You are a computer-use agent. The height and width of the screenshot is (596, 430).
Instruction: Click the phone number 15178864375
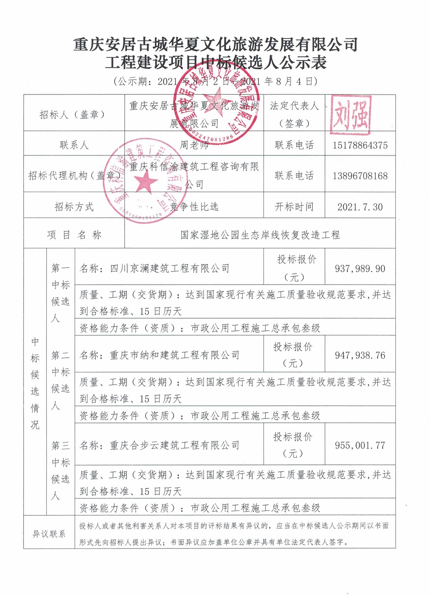(360, 145)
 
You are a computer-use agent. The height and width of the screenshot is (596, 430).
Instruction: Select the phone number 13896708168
(360, 176)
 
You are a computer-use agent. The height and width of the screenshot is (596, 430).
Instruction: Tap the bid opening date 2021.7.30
(360, 207)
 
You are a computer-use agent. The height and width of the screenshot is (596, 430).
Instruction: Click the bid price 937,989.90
(360, 269)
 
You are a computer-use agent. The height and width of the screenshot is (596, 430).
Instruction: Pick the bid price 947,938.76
(360, 356)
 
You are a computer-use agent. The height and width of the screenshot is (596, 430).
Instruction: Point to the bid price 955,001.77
(360, 446)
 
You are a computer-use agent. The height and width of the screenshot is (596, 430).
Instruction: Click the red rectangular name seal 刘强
(351, 114)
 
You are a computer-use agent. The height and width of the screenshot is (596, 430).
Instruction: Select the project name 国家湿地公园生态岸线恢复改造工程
(260, 235)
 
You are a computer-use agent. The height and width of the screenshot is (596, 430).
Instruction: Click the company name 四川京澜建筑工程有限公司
(170, 268)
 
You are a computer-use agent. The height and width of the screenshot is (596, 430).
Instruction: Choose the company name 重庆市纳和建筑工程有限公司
(174, 356)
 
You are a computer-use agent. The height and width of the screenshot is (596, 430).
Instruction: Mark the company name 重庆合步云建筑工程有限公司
(174, 446)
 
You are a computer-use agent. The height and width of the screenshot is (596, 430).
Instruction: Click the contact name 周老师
(194, 145)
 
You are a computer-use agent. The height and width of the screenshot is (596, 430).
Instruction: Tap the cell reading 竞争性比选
(194, 207)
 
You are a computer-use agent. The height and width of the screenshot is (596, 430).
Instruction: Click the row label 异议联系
(49, 534)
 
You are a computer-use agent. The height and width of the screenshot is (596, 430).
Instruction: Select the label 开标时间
(294, 207)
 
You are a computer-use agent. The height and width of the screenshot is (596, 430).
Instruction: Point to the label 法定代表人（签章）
(294, 114)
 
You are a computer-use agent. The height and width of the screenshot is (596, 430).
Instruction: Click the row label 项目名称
(74, 235)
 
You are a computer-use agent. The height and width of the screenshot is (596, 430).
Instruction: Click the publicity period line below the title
(215, 81)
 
